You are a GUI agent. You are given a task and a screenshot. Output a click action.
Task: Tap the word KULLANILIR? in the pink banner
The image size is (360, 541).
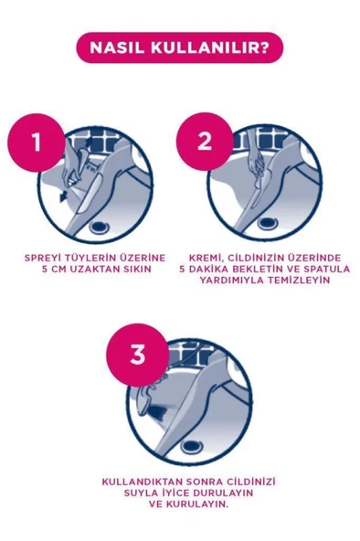click(x=205, y=47)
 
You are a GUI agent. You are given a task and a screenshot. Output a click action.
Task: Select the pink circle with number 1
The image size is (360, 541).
click(x=37, y=143)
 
